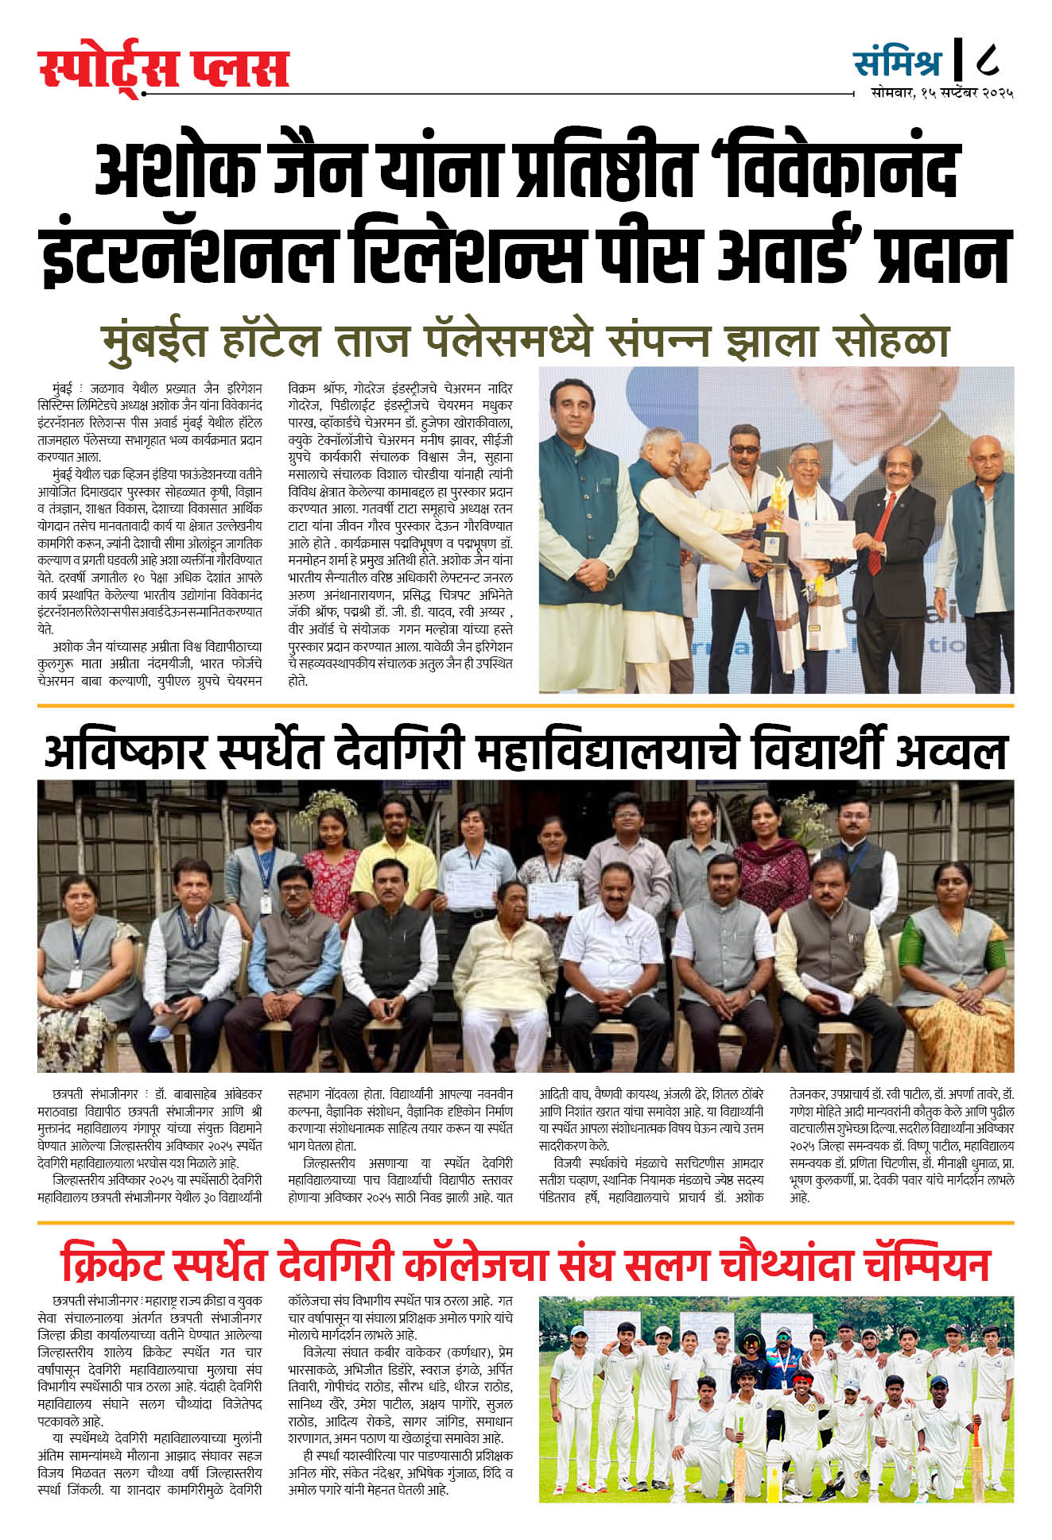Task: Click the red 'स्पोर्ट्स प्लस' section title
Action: click(163, 69)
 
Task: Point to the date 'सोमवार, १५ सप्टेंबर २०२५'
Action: click(941, 93)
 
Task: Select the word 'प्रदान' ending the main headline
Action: click(943, 256)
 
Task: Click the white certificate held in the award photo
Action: click(826, 540)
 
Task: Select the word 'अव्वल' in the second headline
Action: click(951, 752)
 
